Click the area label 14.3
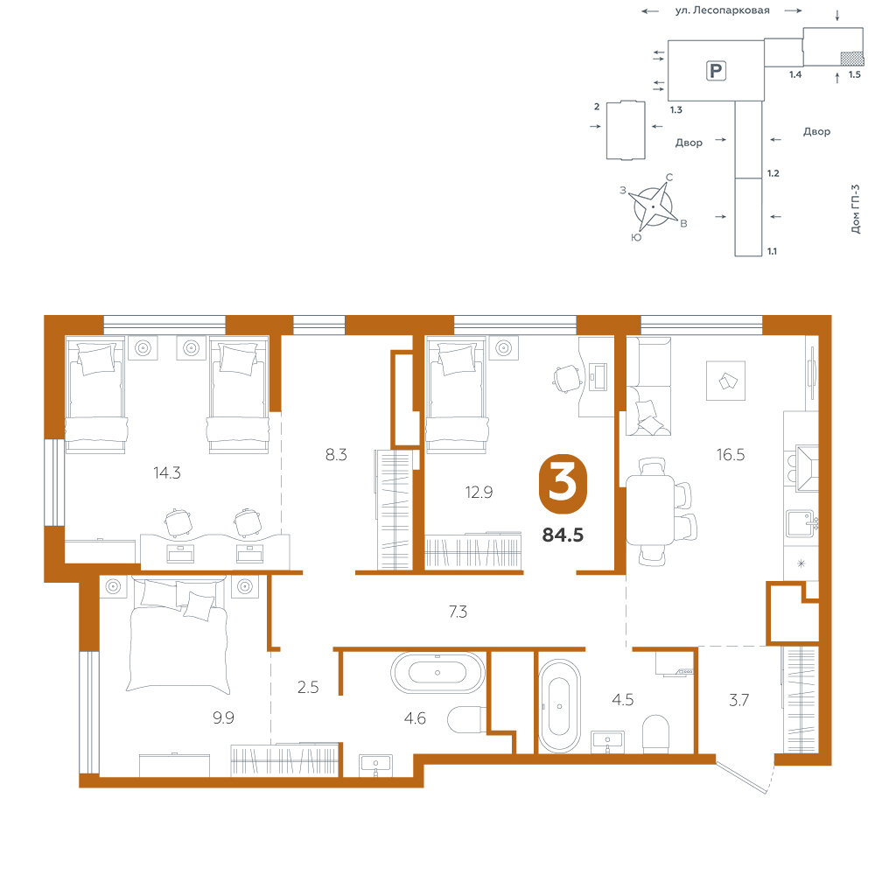click(x=167, y=473)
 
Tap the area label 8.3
click(x=336, y=455)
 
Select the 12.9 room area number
click(x=479, y=492)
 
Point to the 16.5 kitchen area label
click(x=731, y=455)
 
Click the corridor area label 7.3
click(x=458, y=612)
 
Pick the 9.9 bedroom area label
click(x=223, y=717)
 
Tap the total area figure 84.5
click(x=563, y=535)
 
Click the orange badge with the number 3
click(x=563, y=483)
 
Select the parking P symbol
click(x=716, y=71)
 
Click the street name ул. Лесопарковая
click(x=722, y=10)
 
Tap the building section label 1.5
click(x=854, y=74)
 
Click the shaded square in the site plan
click(x=852, y=59)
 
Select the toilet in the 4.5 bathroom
click(x=655, y=734)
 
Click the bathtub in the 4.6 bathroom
click(x=437, y=672)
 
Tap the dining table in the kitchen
click(x=651, y=509)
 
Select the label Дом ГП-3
click(x=856, y=209)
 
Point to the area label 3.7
click(x=738, y=700)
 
